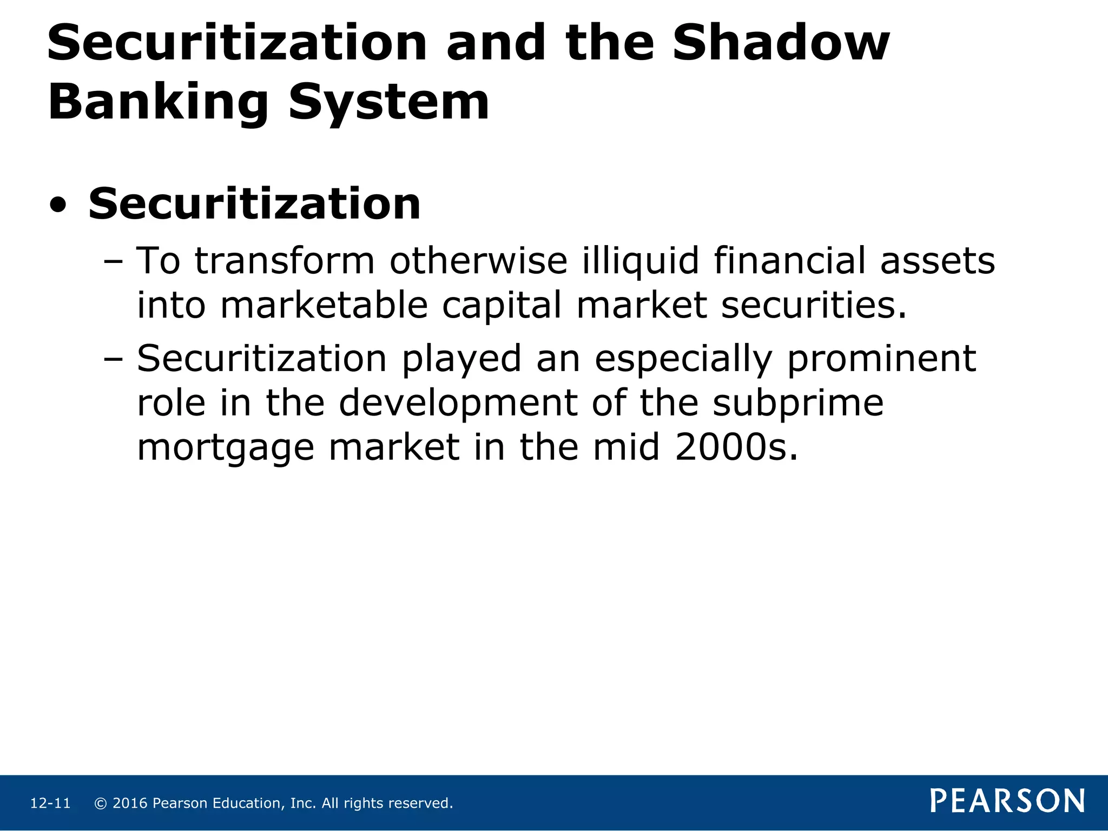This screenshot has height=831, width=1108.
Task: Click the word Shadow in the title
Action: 781,43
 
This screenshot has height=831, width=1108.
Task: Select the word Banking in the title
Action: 158,102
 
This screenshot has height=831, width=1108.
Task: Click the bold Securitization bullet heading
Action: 254,204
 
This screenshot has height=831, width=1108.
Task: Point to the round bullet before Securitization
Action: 58,206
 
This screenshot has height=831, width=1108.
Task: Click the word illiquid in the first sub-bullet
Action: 641,261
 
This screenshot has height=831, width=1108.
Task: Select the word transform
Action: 285,261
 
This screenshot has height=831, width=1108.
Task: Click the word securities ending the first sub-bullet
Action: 814,305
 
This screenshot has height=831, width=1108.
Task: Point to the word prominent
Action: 881,359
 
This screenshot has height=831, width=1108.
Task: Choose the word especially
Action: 683,359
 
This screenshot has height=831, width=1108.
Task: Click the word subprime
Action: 798,404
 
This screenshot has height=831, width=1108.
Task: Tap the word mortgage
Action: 226,448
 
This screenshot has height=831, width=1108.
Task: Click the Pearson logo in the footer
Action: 1007,801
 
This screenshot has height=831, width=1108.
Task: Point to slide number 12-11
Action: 50,803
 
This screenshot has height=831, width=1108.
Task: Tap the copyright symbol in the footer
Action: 100,803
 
